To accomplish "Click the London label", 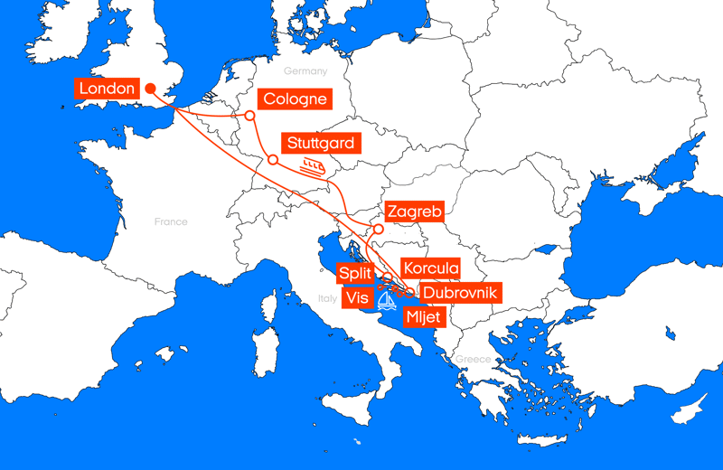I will pos(107,89).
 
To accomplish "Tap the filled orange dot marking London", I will pos(150,89).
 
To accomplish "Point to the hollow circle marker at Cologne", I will pos(249,116).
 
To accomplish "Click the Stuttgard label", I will pos(321,143).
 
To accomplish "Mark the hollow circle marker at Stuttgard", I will pos(272,160).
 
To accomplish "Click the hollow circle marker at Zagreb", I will pos(379,230).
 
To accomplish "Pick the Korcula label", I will pos(431,268).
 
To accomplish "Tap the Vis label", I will pos(356,298).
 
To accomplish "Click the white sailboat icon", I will pos(387,299).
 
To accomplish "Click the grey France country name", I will pos(170,221).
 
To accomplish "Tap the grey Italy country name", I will pos(326,298).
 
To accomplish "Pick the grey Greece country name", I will pos(473,359).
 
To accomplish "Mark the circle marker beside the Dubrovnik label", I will pos(411,292).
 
